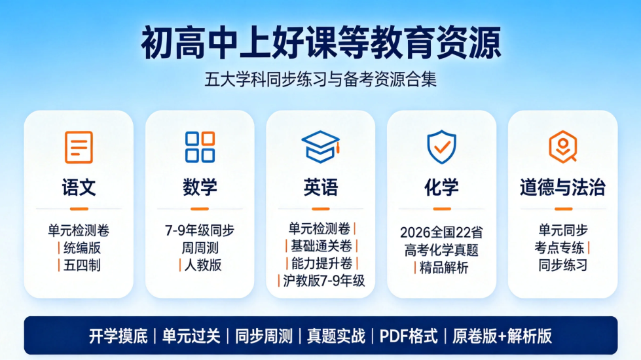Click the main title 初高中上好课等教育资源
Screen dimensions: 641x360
tap(321, 43)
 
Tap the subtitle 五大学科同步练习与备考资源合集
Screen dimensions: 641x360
tap(321, 79)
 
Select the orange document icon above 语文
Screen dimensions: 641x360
tap(79, 147)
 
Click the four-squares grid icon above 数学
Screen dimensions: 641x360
tap(200, 147)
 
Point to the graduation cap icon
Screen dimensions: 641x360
tap(321, 147)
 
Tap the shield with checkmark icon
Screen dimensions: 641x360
tap(441, 147)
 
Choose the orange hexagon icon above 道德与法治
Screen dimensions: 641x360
tap(563, 147)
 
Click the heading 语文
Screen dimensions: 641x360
tap(79, 188)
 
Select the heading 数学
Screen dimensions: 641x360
tap(200, 188)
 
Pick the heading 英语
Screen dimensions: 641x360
tap(321, 188)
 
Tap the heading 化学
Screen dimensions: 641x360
tap(441, 188)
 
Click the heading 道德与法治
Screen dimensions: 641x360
tap(563, 188)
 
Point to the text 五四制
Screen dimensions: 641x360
tap(82, 266)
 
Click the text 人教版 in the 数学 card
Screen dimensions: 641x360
tap(203, 266)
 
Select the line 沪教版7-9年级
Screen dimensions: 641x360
tap(323, 281)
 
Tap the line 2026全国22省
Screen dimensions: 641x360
tap(441, 232)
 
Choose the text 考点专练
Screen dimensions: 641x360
tap(559, 247)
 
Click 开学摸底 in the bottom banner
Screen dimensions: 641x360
tap(118, 336)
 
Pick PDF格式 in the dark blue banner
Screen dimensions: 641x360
tap(409, 336)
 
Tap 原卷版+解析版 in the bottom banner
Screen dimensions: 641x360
tap(502, 336)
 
